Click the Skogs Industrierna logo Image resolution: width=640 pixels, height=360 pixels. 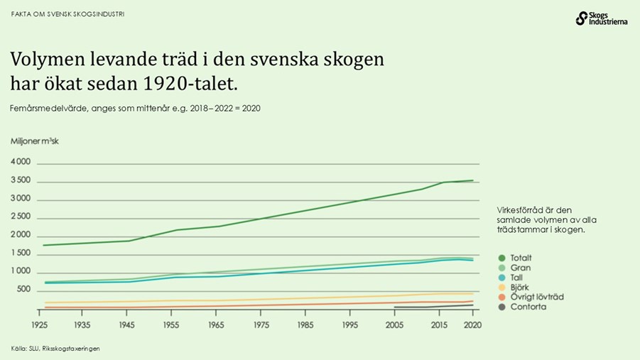tap(601, 19)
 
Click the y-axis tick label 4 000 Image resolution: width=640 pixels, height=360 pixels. tap(21, 162)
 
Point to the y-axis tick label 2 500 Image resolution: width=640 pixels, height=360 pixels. tap(21, 217)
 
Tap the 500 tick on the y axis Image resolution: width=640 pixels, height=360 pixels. tap(23, 290)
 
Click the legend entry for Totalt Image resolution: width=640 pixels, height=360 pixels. tap(521, 257)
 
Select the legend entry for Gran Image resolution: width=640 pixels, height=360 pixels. tap(519, 267)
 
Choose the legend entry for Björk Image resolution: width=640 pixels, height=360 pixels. tap(519, 287)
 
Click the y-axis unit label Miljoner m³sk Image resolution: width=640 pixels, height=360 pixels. tap(35, 141)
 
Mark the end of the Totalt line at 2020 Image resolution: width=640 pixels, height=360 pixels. tap(472, 180)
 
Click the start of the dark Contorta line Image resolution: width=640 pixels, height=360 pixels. tap(394, 307)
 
